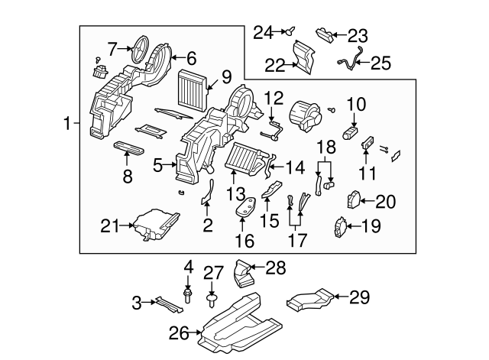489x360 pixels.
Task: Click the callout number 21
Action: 111,225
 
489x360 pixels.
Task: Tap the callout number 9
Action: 226,76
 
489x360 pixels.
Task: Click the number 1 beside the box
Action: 68,123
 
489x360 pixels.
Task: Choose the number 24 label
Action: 263,32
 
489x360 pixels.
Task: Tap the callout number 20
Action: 387,202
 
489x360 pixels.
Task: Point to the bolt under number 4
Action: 187,294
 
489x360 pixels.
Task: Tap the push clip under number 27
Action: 211,293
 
